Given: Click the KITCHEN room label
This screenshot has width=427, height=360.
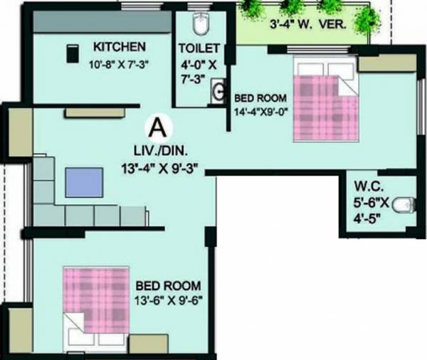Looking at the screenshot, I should (120, 46).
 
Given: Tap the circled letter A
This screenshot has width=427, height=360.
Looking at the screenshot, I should (158, 128).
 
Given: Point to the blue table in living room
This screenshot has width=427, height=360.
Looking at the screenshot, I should (84, 183).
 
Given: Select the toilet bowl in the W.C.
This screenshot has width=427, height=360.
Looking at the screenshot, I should (403, 203).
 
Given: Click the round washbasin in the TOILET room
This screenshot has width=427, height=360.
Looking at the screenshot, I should (216, 91).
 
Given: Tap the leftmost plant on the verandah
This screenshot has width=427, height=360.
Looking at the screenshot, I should (251, 9).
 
